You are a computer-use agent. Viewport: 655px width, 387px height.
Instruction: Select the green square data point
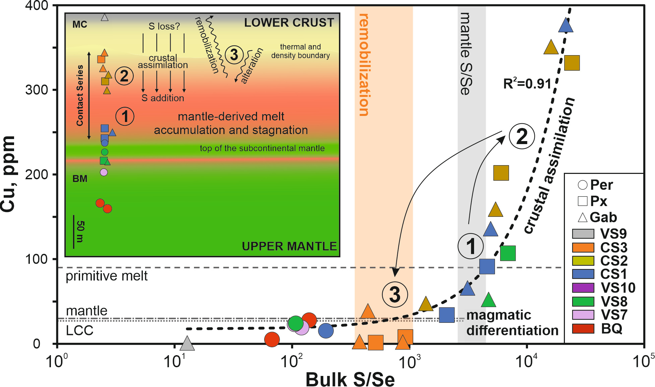click(x=508, y=253)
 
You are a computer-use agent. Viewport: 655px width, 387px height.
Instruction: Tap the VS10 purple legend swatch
click(x=583, y=288)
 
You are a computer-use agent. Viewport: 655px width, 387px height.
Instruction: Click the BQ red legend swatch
click(x=583, y=329)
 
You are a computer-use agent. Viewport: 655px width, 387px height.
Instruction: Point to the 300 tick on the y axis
click(x=37, y=90)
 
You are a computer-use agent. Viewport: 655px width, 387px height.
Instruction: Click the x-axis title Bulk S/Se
click(x=350, y=379)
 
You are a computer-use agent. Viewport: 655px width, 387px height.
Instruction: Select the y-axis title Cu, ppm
click(x=8, y=174)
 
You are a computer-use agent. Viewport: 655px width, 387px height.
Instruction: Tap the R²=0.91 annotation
click(x=527, y=83)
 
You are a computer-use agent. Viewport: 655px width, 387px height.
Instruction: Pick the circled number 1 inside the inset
click(x=125, y=116)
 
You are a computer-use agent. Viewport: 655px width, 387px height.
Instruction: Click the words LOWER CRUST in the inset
click(x=289, y=22)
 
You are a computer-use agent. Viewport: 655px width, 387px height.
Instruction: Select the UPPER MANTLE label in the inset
click(x=289, y=246)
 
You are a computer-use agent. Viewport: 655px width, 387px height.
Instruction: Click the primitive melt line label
click(x=107, y=276)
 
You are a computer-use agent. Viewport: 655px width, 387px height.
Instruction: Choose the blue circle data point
click(x=326, y=331)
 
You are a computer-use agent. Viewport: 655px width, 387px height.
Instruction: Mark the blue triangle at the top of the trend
click(x=566, y=25)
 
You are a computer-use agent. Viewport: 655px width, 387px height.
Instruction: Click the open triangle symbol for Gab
click(x=583, y=217)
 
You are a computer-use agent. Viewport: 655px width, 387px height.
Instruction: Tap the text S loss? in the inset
click(x=164, y=26)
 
